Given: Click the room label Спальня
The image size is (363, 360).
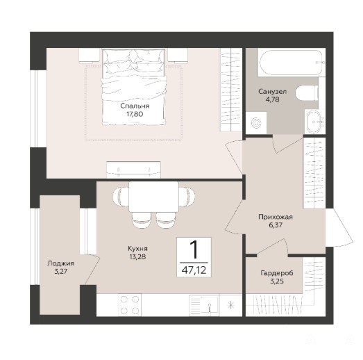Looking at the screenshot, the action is [135, 106].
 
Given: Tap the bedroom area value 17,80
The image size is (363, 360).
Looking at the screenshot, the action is [135, 114].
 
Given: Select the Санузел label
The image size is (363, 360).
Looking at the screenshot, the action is [273, 92].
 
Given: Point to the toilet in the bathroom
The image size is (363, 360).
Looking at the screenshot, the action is [307, 93].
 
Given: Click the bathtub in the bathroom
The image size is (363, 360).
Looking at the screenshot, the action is [291, 63].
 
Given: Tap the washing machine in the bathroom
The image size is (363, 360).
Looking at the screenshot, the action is [256, 122].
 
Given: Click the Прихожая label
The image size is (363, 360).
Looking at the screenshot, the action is [276, 217].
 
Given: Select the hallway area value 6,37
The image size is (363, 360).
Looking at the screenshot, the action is [276, 225].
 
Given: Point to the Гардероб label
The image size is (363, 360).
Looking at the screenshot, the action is [277, 273].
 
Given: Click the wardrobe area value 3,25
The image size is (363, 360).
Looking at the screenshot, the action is [277, 281].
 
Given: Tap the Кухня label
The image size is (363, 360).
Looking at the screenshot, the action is [137, 249].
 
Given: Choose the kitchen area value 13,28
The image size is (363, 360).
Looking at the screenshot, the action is [137, 256].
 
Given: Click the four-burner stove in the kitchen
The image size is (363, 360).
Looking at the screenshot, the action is [129, 305].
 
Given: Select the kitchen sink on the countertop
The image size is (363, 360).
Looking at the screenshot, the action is [204, 305].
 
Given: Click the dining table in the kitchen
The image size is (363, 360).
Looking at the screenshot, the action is [153, 197].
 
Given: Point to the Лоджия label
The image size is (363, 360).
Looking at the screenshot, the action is [61, 263].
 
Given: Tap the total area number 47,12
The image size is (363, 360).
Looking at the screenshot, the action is [194, 270].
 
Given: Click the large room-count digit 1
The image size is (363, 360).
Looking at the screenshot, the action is [194, 249].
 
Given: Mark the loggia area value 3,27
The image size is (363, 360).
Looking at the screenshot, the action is [60, 271].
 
